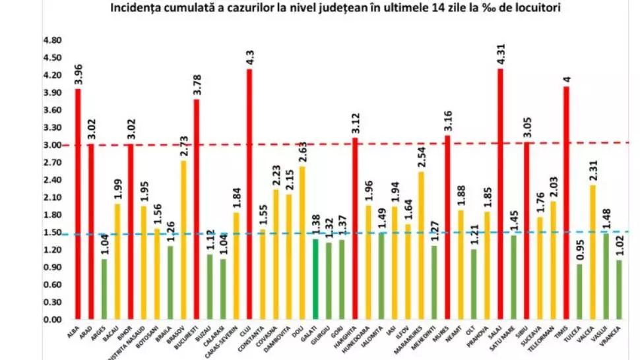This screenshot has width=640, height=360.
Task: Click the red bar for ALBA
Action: [78, 204]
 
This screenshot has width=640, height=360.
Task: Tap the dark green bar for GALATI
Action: [315, 280]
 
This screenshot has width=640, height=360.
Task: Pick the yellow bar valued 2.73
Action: [183, 240]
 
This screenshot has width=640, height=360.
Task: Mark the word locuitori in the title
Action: [521, 9]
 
